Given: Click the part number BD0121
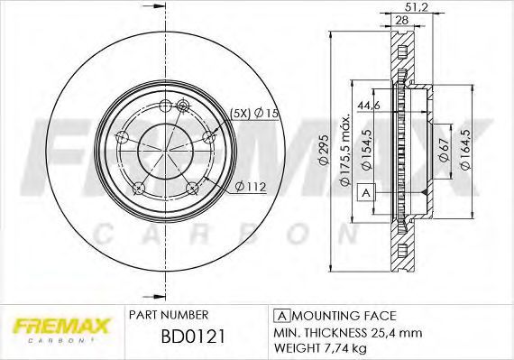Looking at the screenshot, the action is [193, 337].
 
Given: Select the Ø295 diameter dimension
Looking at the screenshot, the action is [324, 150].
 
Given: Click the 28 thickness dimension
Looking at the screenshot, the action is [402, 20].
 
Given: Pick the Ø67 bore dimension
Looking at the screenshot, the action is [444, 150].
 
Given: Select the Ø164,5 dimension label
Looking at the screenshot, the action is [465, 149].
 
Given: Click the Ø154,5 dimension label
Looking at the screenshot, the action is [367, 150].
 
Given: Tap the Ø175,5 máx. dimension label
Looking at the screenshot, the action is [344, 150].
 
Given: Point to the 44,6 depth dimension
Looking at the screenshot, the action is [369, 106].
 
